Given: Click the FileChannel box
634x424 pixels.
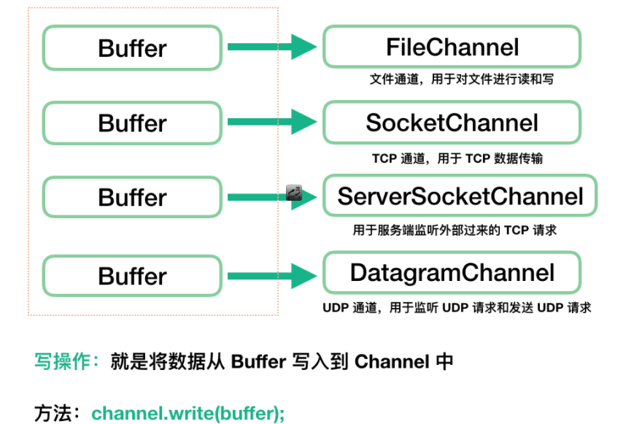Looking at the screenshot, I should (452, 47).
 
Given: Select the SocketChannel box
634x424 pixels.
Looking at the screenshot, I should (452, 123).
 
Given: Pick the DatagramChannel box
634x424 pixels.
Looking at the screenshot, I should (452, 273).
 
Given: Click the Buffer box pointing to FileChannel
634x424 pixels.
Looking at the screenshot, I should (132, 48).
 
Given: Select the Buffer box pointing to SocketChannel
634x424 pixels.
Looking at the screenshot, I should (132, 123).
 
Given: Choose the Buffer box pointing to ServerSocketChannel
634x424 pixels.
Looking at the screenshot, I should (132, 197).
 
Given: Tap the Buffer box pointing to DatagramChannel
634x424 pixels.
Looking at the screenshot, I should (132, 276).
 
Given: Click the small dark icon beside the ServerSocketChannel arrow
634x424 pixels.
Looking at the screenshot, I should (294, 193).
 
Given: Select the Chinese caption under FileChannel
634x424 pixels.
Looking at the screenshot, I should (461, 79).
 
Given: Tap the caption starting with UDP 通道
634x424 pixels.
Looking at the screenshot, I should (457, 308).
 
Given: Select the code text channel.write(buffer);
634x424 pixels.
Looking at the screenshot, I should (188, 413).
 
